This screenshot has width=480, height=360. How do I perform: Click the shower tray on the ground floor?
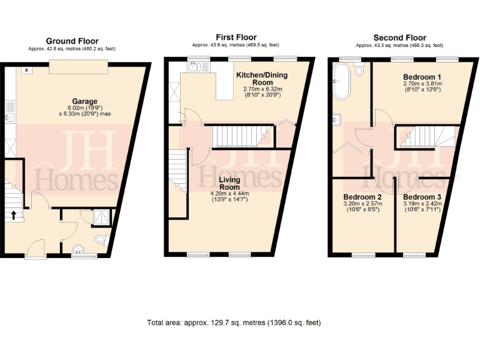101,216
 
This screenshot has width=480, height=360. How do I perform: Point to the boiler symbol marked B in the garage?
26,70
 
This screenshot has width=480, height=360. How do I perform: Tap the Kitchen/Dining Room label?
262,79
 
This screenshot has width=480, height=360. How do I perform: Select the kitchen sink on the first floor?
194,67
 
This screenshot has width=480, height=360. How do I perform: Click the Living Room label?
228,184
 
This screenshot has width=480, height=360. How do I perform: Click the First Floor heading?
235,37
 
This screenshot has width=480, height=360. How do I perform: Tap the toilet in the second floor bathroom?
359,71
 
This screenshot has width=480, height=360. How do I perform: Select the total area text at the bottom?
233,323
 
